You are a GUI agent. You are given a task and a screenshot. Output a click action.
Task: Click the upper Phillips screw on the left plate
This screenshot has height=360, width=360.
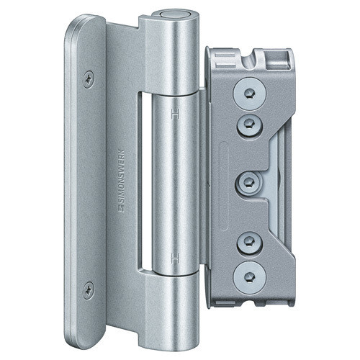pos(89,79)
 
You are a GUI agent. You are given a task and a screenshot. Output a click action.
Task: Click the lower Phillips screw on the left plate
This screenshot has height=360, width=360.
pos(89,290)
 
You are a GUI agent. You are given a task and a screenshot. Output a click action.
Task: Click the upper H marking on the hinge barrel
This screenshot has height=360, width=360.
pos(176,114)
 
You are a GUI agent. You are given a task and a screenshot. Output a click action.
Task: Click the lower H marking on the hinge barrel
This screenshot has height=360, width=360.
pos(176,258)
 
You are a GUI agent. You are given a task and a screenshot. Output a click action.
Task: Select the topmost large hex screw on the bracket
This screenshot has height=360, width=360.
pos(250,94)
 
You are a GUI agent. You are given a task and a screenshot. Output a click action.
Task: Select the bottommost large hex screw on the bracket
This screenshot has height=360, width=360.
pos(250,278)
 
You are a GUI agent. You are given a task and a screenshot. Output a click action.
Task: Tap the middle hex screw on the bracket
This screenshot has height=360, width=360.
pos(248,183)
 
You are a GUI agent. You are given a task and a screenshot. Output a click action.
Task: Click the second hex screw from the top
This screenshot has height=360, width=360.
pos(250,125)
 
